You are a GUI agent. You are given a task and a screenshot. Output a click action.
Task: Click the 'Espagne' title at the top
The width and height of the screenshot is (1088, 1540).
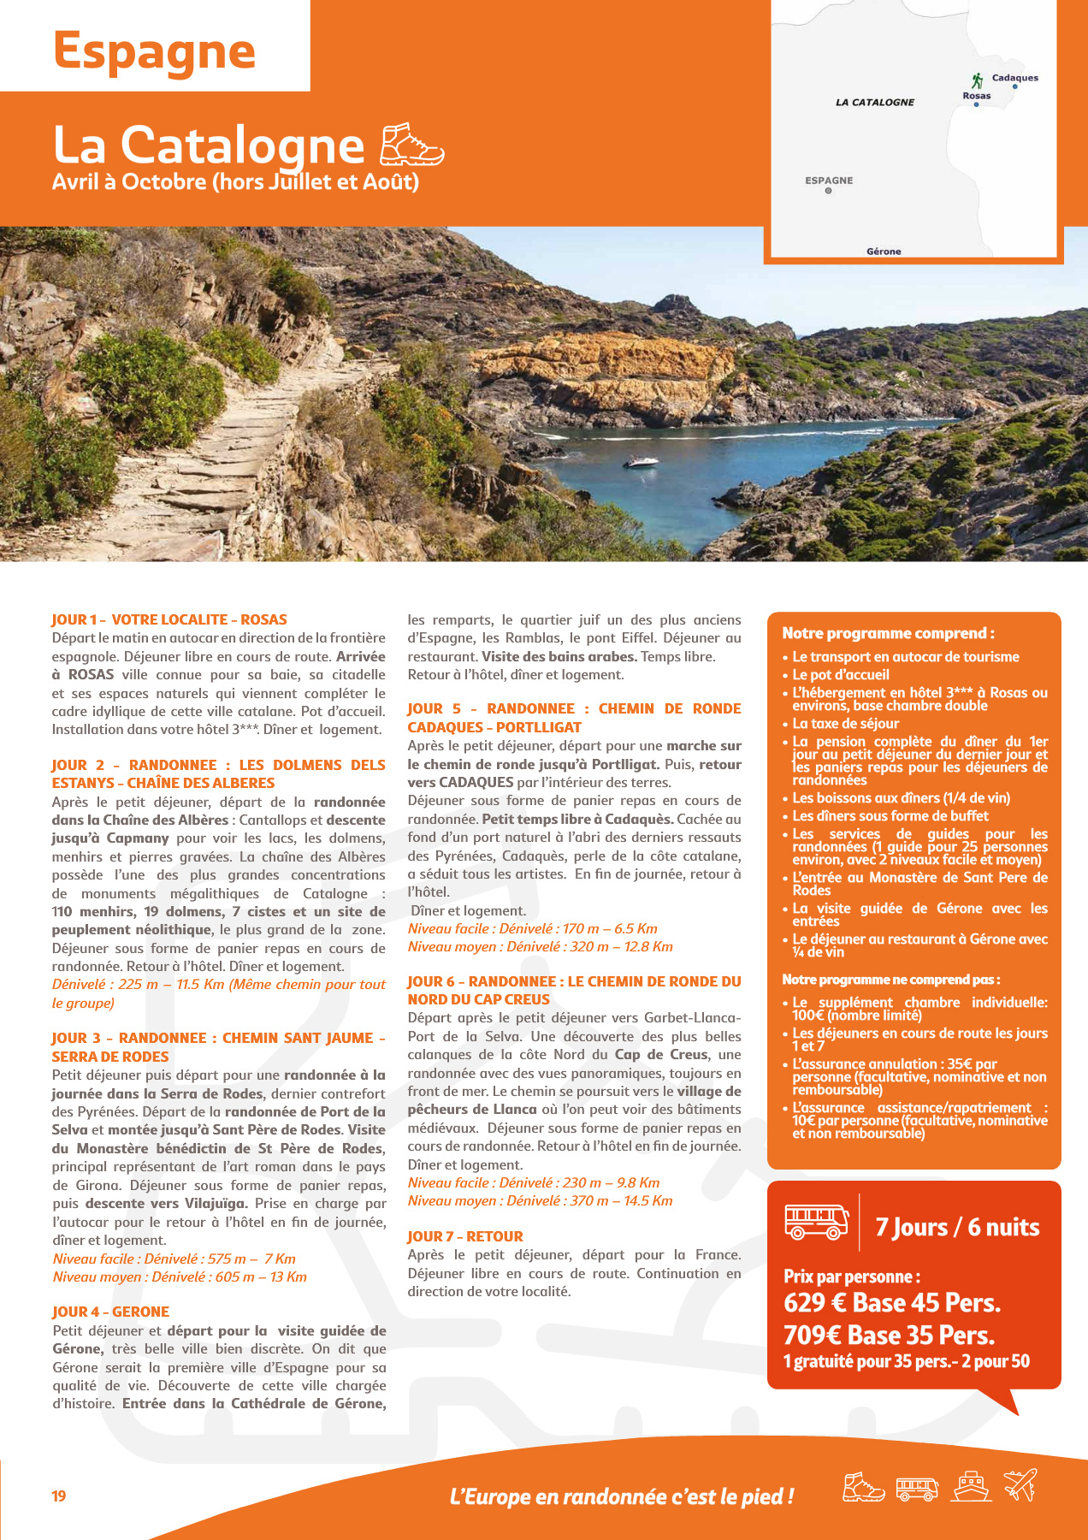pos(154,51)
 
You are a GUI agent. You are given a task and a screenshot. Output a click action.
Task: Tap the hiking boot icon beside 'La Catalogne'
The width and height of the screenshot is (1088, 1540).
pos(412,145)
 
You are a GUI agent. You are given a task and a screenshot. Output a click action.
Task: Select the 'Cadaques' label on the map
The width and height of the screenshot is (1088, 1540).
pos(1014,78)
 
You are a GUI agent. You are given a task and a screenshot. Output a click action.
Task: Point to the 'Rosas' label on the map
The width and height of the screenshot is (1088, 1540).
pos(976,96)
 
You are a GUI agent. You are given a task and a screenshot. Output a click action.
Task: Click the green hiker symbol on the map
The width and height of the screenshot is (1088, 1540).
pos(977,80)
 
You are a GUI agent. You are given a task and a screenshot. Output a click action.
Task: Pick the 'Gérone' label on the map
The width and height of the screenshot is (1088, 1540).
pos(884,252)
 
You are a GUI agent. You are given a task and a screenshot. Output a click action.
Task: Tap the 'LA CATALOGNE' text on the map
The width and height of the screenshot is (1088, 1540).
pos(874,103)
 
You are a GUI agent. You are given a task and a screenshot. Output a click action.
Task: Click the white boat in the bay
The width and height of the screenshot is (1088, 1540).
pos(640,462)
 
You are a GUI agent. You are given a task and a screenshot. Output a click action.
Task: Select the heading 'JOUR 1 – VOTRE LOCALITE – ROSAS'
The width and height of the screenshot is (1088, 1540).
pos(169,619)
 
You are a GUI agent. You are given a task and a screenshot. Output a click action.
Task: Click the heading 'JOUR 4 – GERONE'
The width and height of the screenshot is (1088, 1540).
pos(110,1312)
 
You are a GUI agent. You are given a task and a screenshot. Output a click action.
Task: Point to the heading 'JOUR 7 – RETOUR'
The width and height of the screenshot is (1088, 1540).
pos(464,1236)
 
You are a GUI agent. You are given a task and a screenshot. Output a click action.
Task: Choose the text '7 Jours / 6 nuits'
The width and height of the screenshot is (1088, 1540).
pos(957,1228)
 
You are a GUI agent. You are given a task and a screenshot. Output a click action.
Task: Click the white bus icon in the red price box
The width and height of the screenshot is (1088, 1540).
pos(816,1222)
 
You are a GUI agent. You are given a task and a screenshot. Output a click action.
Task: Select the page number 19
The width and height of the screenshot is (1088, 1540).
pos(59,1496)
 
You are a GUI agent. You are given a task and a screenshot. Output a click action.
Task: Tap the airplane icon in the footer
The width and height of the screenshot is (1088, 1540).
pos(1020,1485)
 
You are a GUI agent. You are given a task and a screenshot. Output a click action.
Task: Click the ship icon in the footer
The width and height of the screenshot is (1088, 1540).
pos(972,1487)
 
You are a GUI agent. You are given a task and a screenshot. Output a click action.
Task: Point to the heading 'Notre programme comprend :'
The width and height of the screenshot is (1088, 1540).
pos(888,633)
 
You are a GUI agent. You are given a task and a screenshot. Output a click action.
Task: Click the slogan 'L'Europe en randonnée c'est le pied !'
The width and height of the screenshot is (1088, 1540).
pos(621,1497)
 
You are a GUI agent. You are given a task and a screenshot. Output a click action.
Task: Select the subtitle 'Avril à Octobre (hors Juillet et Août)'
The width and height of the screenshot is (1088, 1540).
pos(235,182)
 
